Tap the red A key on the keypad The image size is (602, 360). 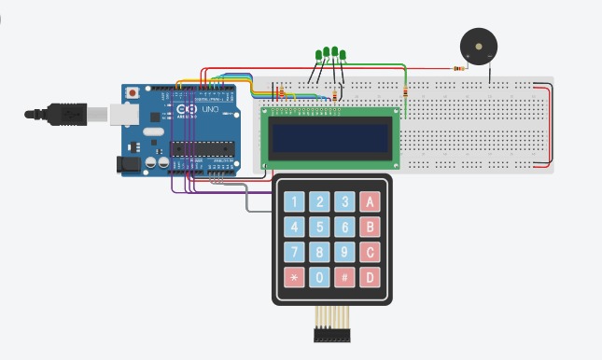(x=371, y=201)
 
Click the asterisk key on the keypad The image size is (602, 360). (x=295, y=278)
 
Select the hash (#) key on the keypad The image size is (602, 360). (x=344, y=278)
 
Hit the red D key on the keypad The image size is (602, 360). (x=371, y=278)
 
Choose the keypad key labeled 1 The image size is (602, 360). (x=295, y=201)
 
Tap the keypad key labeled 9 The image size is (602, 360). (x=344, y=252)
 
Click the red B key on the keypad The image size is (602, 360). (x=371, y=227)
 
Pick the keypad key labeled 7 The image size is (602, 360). (x=295, y=252)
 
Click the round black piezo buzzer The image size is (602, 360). (x=479, y=46)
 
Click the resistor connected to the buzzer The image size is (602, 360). (x=458, y=68)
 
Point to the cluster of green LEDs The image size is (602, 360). (x=331, y=54)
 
